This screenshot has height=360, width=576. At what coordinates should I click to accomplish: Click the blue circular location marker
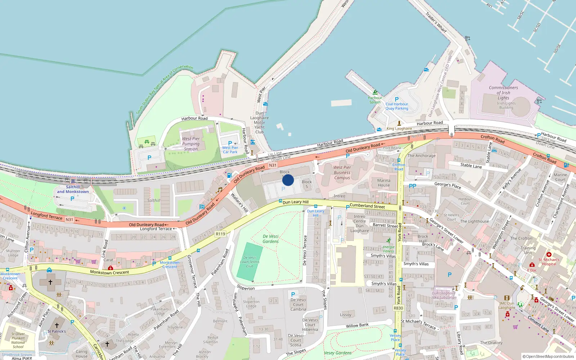pyautogui.click(x=288, y=180)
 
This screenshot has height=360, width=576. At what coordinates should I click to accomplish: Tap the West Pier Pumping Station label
pyautogui.click(x=191, y=144)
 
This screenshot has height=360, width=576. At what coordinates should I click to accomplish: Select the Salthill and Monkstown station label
pyautogui.click(x=73, y=189)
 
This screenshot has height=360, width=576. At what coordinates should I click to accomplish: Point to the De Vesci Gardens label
pyautogui.click(x=270, y=239)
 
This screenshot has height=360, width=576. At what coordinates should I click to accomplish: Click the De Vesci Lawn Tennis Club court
pyautogui.click(x=250, y=262)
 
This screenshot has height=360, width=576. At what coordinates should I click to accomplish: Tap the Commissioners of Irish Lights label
pyautogui.click(x=503, y=93)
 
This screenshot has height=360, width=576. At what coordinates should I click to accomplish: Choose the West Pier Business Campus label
pyautogui.click(x=342, y=172)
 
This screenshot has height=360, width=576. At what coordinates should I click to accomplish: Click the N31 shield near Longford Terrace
pyautogui.click(x=69, y=220)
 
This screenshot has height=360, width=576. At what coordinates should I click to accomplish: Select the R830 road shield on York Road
pyautogui.click(x=399, y=308)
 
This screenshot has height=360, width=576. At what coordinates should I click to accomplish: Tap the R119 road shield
pyautogui.click(x=220, y=234)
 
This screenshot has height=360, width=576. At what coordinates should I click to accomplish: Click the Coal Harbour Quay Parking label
pyautogui.click(x=397, y=106)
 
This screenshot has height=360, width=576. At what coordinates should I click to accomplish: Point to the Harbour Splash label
pyautogui.click(x=375, y=100)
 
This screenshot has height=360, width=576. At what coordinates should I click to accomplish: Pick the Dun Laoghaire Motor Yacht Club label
pyautogui.click(x=260, y=122)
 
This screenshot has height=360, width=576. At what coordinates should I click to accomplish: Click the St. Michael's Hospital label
pyautogui.click(x=549, y=262)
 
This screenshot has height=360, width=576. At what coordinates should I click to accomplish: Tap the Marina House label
pyautogui.click(x=384, y=183)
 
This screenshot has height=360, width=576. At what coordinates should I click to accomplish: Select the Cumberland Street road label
pyautogui.click(x=367, y=206)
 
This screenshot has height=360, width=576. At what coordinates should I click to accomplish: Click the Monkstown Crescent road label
pyautogui.click(x=109, y=273)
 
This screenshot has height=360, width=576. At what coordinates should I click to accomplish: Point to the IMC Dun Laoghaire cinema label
pyautogui.click(x=507, y=305)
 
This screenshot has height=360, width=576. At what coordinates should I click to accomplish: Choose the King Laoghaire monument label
pyautogui.click(x=399, y=129)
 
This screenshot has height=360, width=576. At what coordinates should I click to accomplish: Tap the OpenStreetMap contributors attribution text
pyautogui.click(x=548, y=357)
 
